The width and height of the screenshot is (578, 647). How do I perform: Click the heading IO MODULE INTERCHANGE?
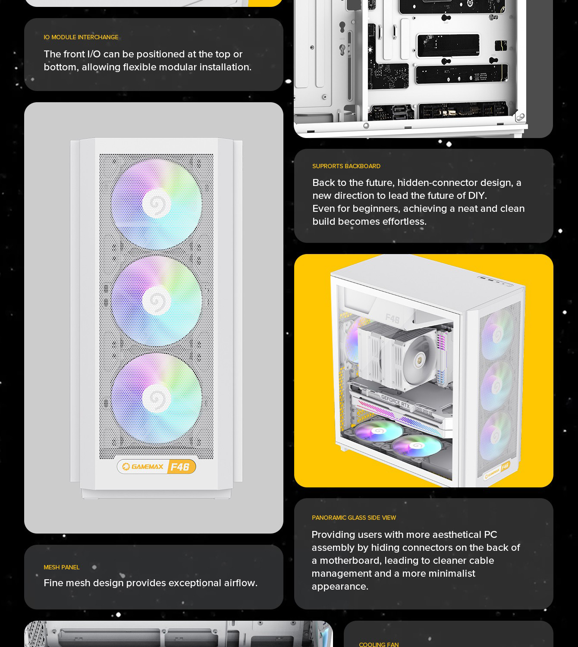click(x=81, y=38)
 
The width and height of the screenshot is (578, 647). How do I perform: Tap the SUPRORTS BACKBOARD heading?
click(x=346, y=166)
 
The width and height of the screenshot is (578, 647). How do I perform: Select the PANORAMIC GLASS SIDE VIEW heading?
click(x=354, y=518)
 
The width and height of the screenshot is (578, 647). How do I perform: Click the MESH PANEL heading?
click(x=62, y=568)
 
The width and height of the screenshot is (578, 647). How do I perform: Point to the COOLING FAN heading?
click(x=379, y=644)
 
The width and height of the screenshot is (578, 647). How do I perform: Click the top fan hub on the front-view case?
click(x=157, y=204)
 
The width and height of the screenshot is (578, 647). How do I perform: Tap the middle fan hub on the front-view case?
click(x=157, y=301)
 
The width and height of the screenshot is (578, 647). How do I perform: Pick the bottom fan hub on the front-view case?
click(x=157, y=398)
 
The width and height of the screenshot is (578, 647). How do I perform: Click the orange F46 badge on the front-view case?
click(x=181, y=467)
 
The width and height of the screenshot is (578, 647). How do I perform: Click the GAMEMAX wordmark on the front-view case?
click(x=148, y=467)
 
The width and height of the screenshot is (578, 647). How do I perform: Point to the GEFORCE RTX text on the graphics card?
click(x=396, y=401)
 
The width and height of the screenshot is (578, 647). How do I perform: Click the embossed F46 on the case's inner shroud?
click(x=393, y=318)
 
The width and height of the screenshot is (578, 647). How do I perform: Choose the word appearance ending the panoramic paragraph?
click(x=340, y=587)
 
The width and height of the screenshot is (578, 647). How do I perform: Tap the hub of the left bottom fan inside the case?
click(x=378, y=431)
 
